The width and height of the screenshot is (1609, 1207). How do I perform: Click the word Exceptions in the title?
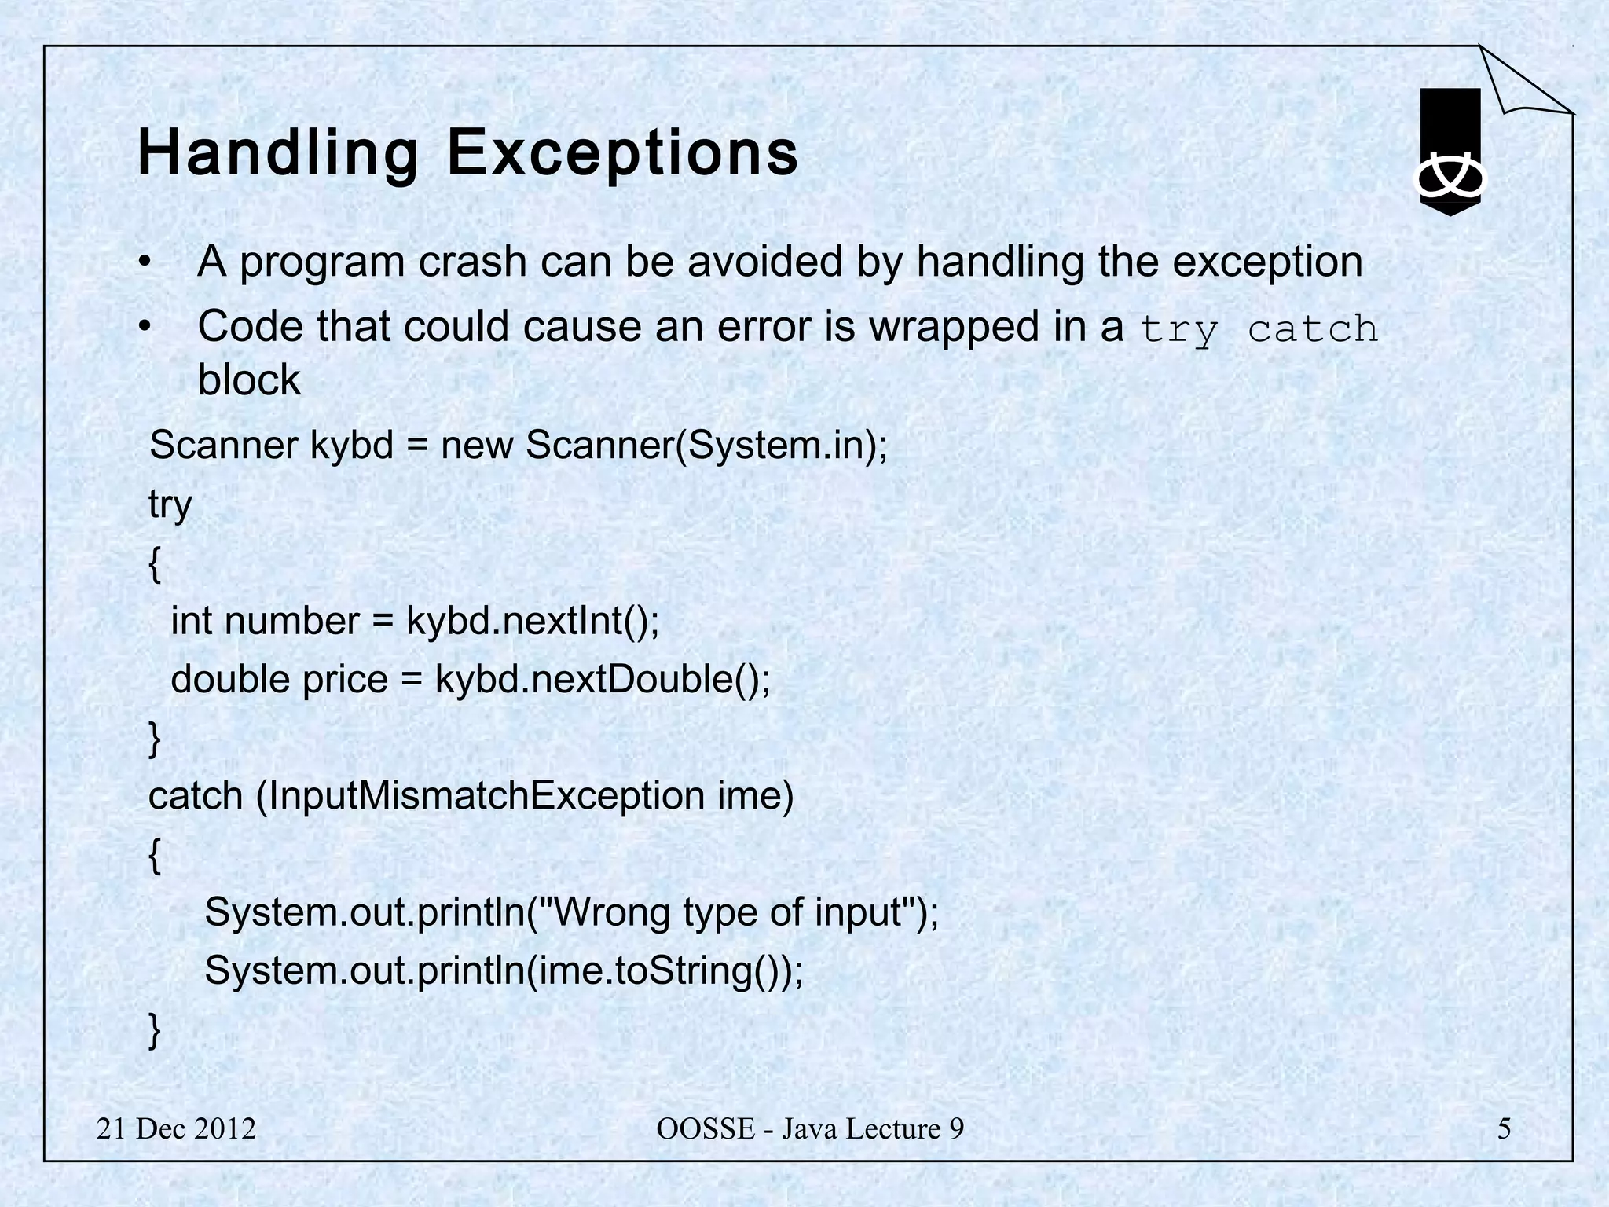coord(622,153)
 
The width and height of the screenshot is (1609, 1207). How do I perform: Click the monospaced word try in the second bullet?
coord(1178,330)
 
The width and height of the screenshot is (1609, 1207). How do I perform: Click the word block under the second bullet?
coord(249,380)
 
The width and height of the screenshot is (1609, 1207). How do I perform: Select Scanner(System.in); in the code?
coord(706,446)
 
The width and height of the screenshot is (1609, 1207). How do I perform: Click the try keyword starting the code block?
coord(170,504)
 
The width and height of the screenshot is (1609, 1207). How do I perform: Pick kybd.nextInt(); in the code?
coord(533,621)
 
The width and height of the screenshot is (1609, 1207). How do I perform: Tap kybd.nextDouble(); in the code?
coord(603,680)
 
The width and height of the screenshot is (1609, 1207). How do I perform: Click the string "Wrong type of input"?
coord(739,913)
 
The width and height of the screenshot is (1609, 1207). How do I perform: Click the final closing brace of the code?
coord(155,1030)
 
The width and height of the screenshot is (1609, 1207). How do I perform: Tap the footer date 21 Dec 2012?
coord(176,1129)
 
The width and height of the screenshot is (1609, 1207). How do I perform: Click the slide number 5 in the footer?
coord(1504,1129)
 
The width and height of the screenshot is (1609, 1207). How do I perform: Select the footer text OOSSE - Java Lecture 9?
coord(809,1129)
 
